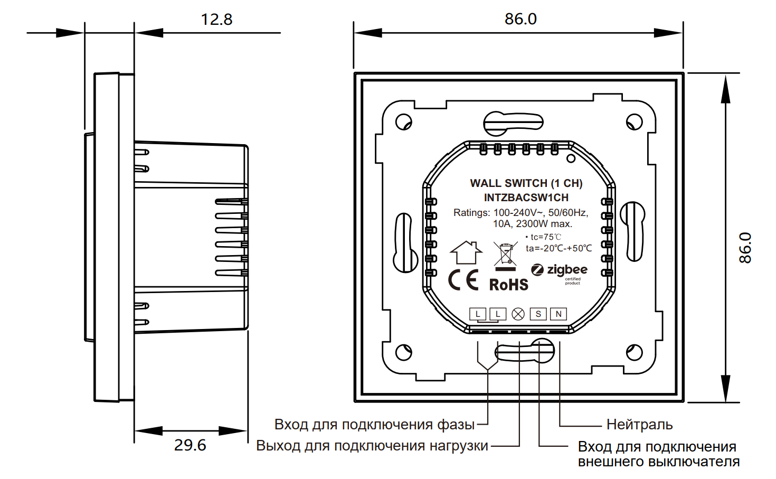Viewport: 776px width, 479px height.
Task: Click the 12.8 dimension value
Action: [216, 20]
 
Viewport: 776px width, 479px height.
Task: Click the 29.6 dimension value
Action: [190, 445]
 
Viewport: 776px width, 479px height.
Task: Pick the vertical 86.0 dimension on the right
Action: [745, 248]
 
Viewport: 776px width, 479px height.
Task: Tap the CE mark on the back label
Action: [463, 280]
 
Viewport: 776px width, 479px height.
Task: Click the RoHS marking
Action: [508, 285]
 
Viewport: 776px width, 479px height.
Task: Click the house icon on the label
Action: [466, 252]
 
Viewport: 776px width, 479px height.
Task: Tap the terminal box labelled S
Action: [538, 314]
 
